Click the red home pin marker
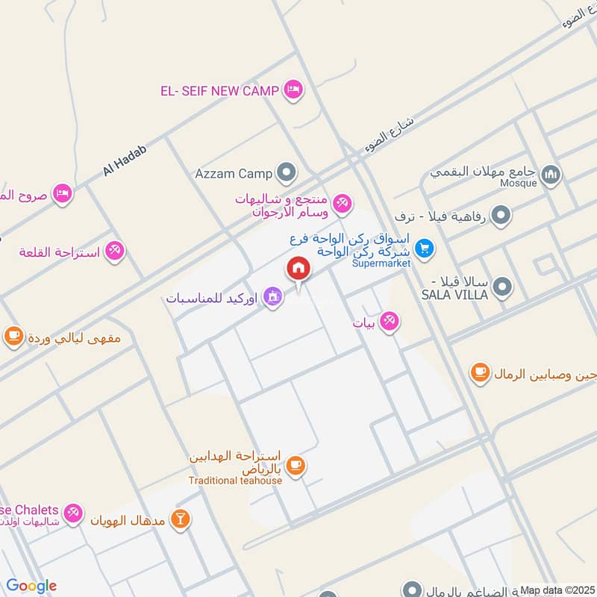tap(298, 269)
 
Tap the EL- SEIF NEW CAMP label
tap(219, 91)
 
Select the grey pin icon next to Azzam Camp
tap(286, 174)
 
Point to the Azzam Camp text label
tap(234, 174)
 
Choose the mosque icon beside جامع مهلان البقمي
tap(551, 175)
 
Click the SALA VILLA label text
tap(454, 295)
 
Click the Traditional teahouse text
tap(235, 481)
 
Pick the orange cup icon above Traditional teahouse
tap(296, 466)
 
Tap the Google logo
tap(31, 587)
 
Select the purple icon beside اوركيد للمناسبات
tap(274, 297)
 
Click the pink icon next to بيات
tap(388, 322)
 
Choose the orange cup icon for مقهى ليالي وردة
tap(13, 337)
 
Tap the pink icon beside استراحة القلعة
tap(114, 251)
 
